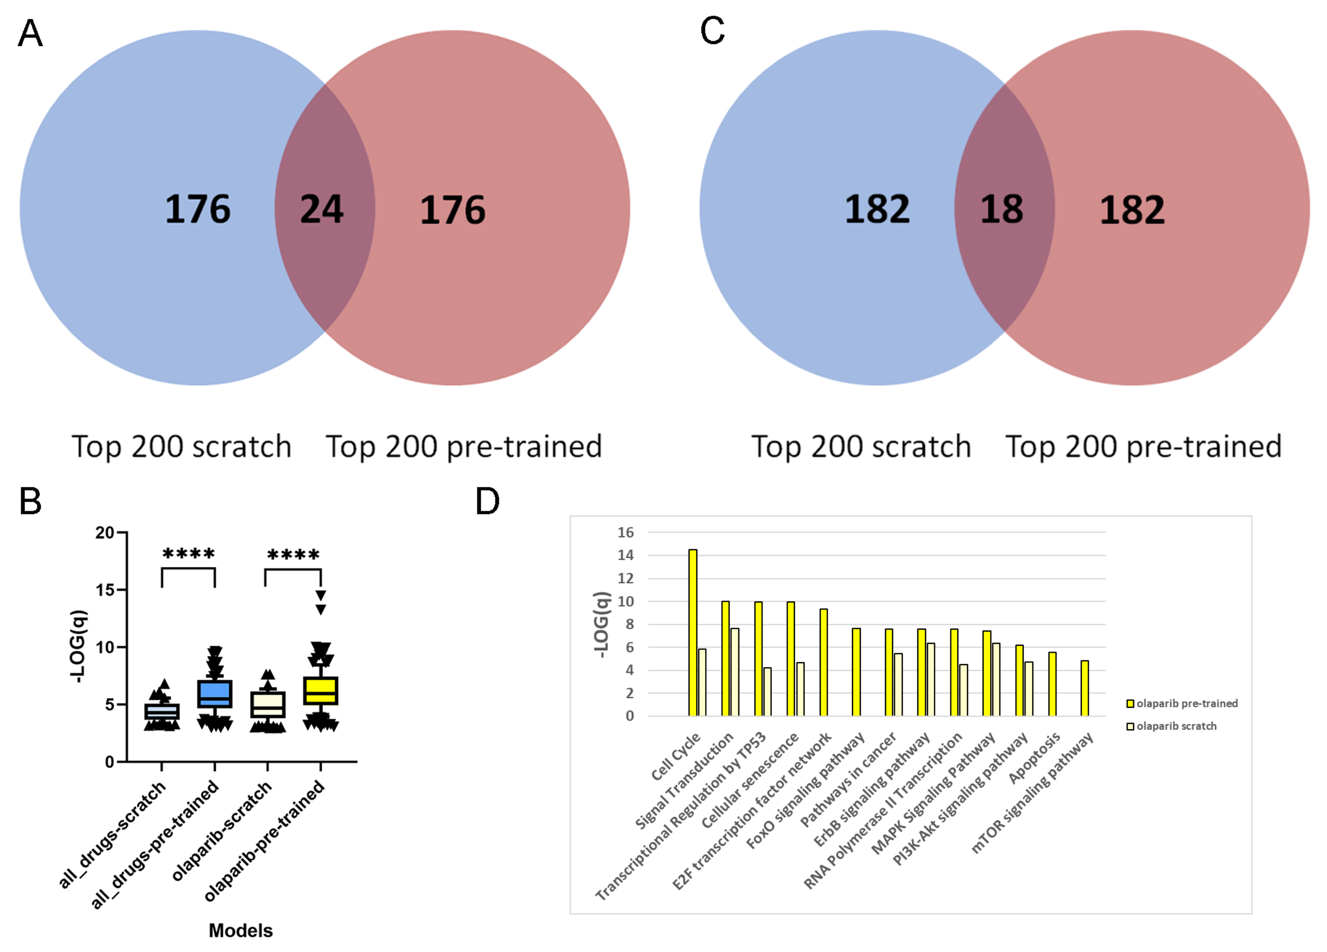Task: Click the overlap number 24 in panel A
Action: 321,209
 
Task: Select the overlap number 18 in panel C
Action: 1001,209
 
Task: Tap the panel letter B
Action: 30,501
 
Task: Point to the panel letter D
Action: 487,501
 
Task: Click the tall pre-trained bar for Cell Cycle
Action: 693,632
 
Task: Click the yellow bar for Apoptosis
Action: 1052,683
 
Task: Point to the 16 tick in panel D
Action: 626,532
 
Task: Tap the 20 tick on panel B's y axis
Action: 105,533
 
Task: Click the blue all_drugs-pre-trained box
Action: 215,694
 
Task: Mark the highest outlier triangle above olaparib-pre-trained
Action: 321,595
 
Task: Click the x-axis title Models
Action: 240,930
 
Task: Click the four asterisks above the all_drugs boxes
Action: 188,554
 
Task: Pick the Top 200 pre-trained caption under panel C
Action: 1143,447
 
